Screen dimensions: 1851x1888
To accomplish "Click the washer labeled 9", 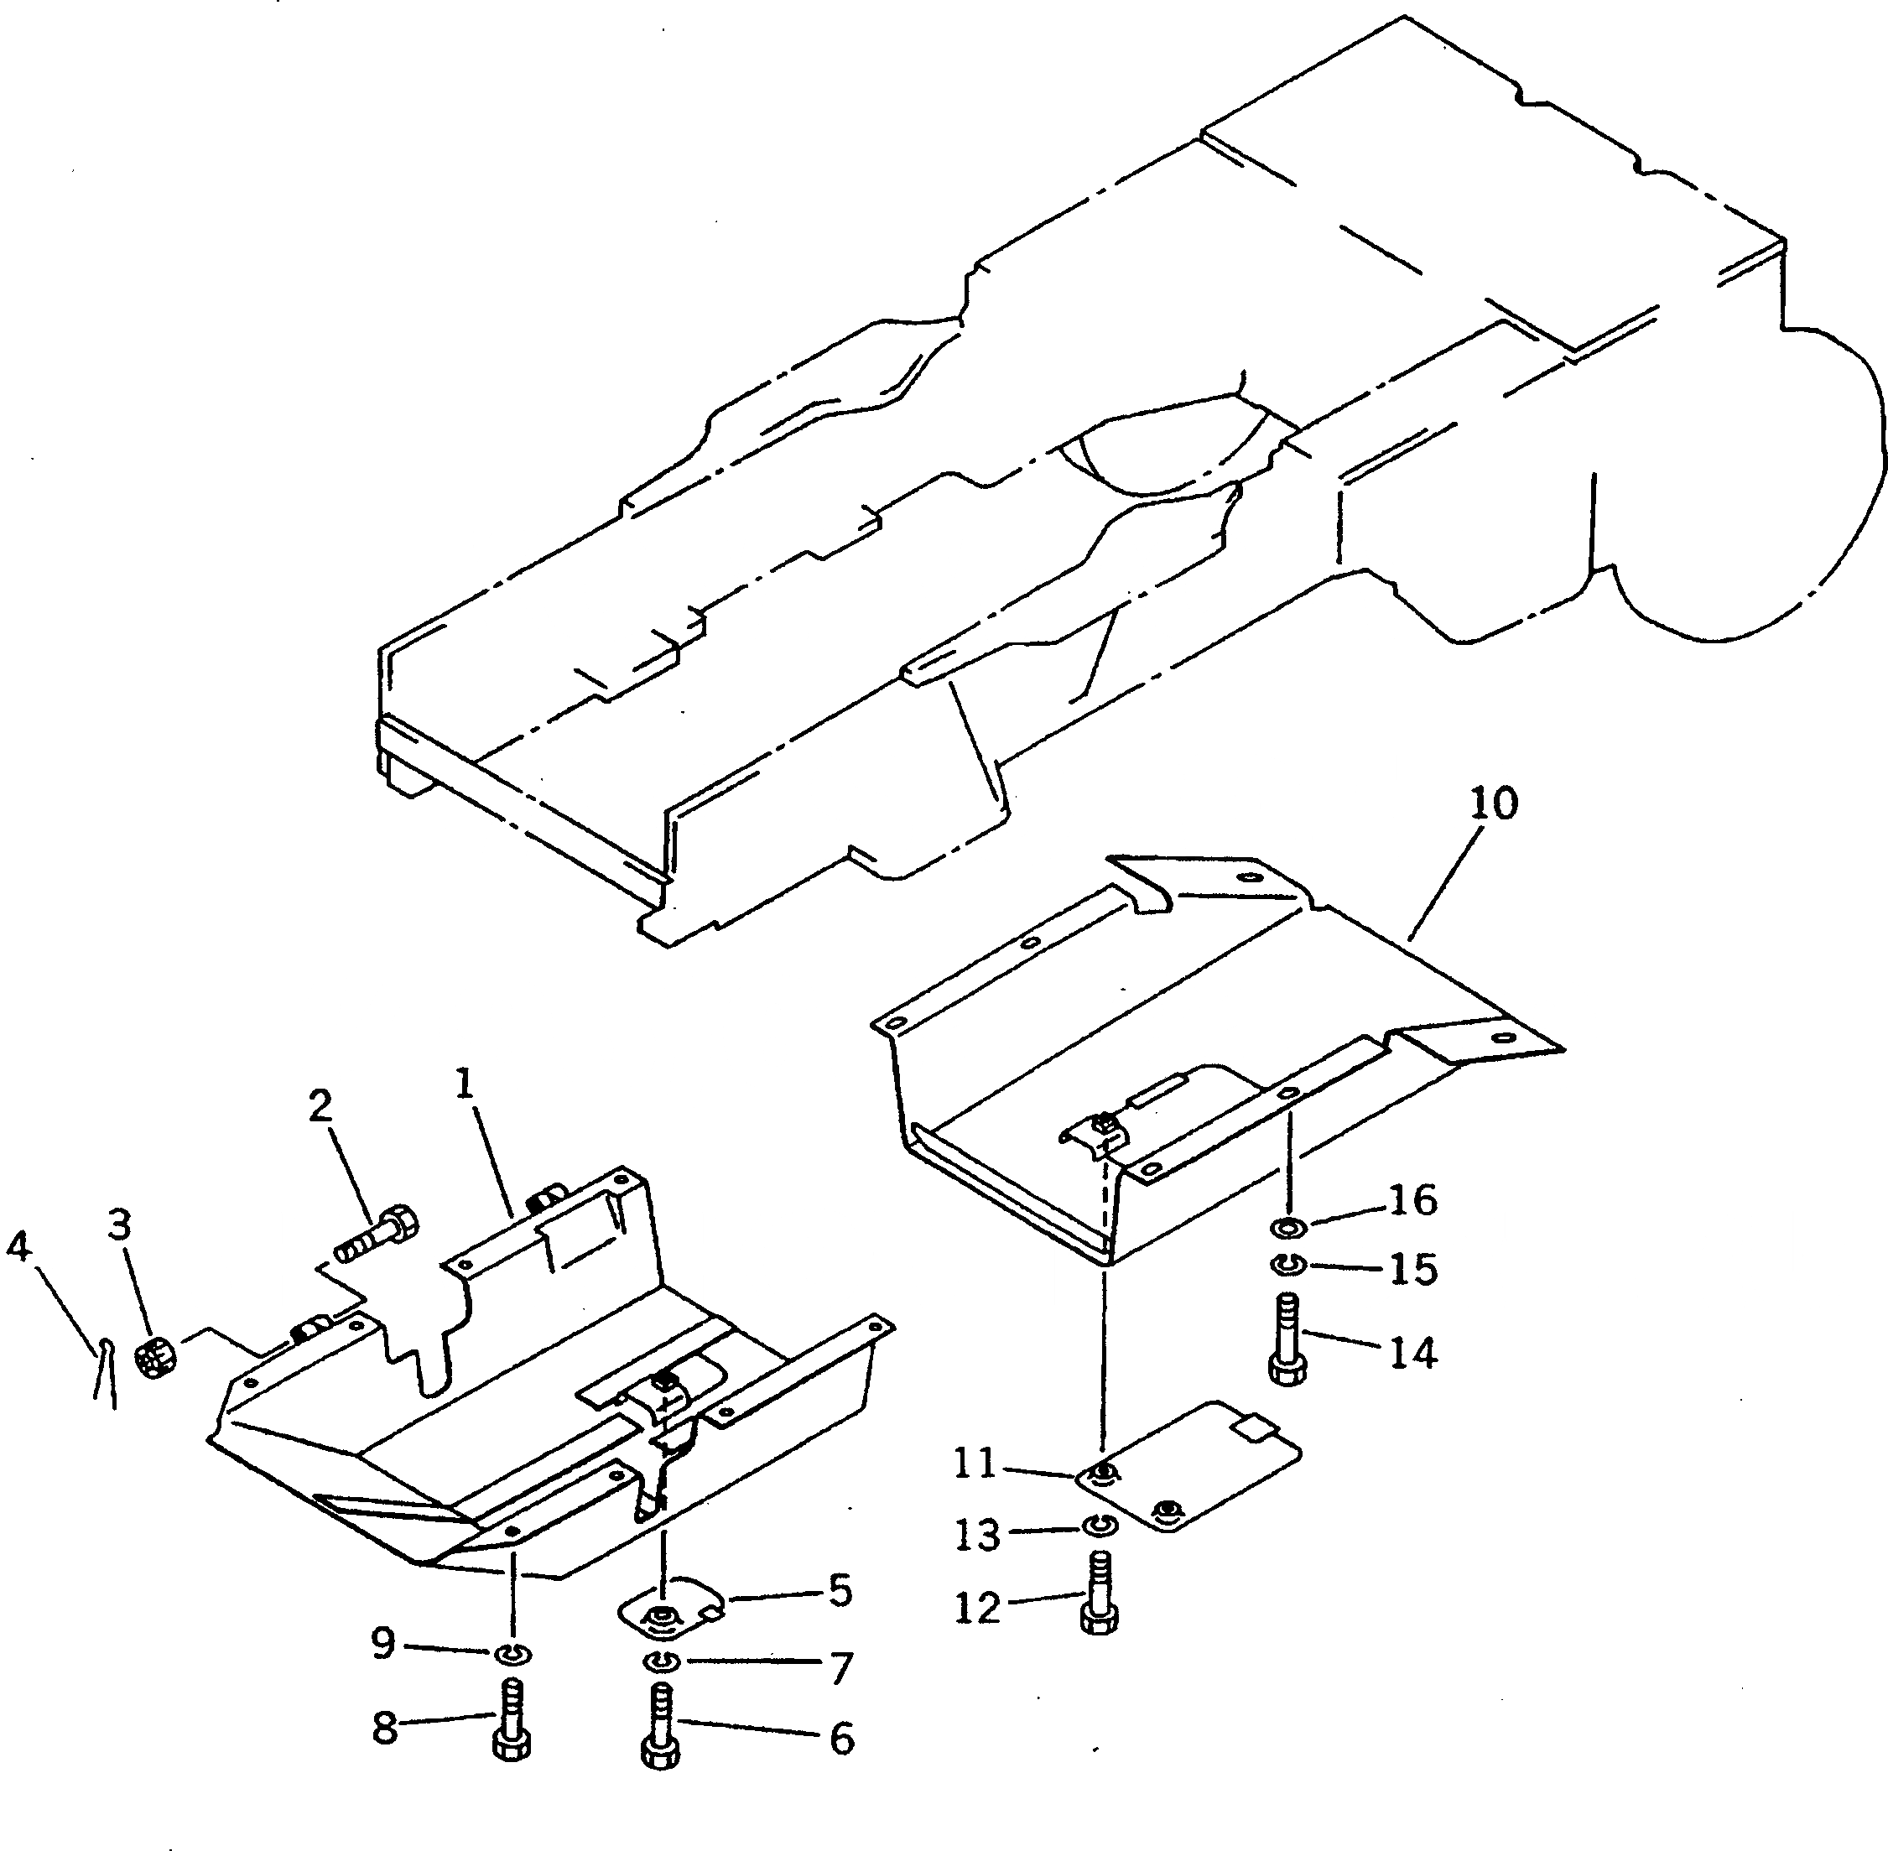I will [x=512, y=1653].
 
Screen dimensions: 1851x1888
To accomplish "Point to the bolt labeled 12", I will [x=1099, y=1599].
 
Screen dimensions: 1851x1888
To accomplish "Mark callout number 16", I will [x=1412, y=1201].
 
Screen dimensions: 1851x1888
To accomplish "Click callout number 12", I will [x=977, y=1608].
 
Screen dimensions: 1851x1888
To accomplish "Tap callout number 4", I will [x=18, y=1245].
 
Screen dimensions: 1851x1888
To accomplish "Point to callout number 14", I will [x=1412, y=1352].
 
